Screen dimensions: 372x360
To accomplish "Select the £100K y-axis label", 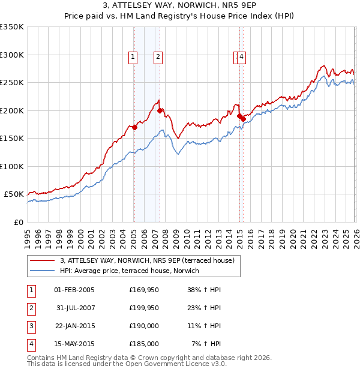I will (12, 166).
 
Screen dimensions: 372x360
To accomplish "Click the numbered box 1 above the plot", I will (133, 57).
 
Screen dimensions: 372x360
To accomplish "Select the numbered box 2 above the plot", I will (158, 57).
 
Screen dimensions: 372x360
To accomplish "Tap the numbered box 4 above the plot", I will (241, 57).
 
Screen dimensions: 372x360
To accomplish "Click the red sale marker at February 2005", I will (134, 127).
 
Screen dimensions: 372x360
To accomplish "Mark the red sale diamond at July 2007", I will (160, 110).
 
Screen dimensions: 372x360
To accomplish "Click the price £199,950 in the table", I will (144, 308).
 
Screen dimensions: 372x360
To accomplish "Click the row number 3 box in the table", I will (31, 326).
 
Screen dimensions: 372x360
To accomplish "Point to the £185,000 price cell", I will (144, 344).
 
